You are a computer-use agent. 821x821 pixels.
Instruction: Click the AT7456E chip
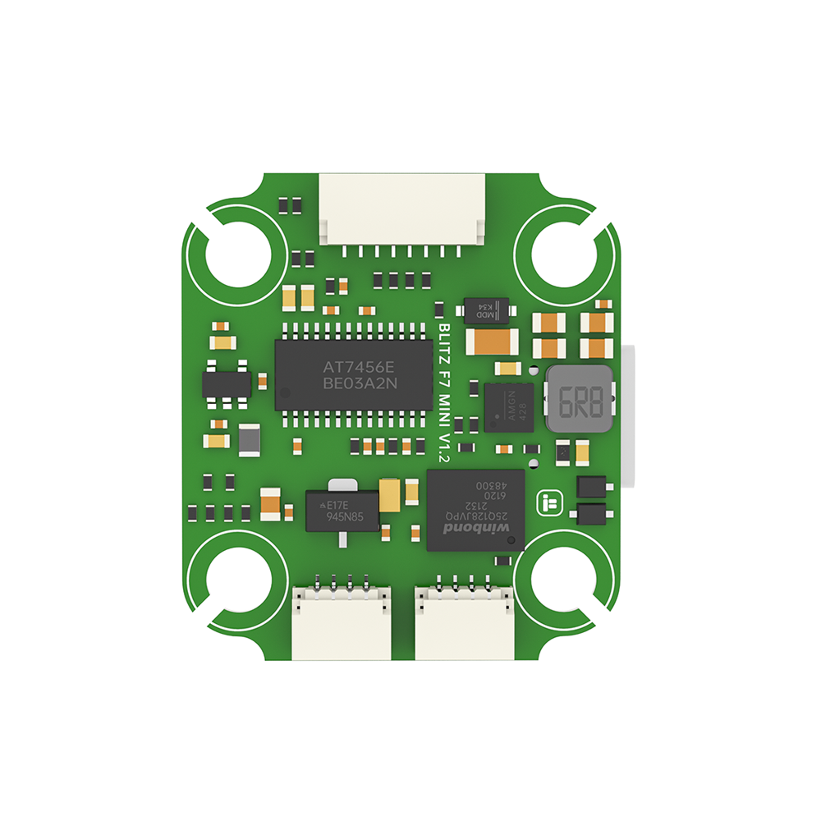[x=353, y=374]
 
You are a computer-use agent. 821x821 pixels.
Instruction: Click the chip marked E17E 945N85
[x=342, y=510]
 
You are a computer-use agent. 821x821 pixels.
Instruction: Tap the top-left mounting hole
[x=237, y=255]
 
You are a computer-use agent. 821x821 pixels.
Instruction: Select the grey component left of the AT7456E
[x=250, y=441]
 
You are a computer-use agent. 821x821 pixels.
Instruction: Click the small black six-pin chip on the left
[x=226, y=384]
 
